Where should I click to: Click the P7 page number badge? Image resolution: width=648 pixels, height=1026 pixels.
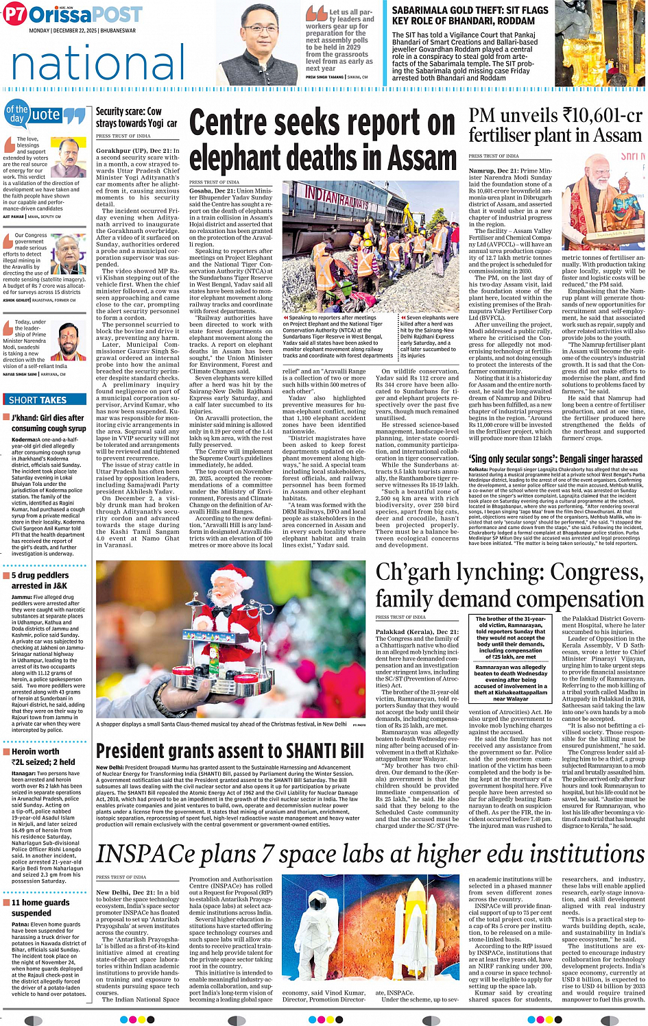point(14,14)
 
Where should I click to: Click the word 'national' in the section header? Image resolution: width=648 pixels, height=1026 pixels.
point(98,64)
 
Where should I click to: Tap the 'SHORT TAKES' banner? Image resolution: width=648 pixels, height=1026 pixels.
point(38,400)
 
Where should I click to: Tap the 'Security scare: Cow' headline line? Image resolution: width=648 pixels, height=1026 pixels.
point(128,111)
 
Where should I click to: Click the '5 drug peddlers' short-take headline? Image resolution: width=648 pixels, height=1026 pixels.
point(40,576)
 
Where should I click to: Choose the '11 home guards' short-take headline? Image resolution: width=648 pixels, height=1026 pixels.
point(40,902)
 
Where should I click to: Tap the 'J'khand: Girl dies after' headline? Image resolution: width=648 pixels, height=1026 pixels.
point(47,417)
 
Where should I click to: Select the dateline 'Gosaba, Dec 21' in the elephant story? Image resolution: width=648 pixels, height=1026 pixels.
point(211,191)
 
